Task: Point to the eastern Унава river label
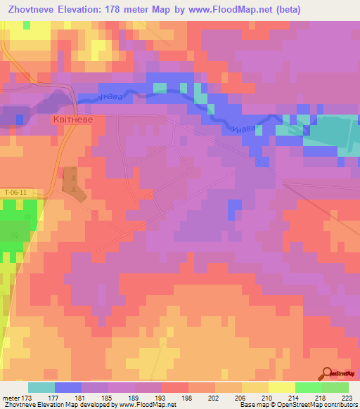(x=240, y=129)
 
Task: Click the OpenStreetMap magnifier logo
(x=328, y=373)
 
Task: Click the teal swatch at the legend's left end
(x=41, y=388)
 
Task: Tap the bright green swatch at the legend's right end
(x=335, y=388)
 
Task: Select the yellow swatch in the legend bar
(x=282, y=388)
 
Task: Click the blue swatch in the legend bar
(x=68, y=388)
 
